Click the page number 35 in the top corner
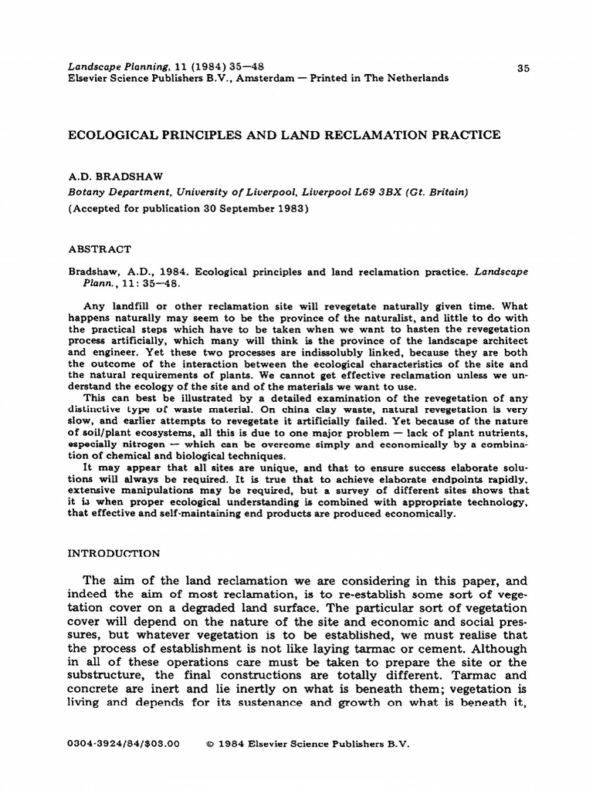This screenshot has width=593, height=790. tap(523, 68)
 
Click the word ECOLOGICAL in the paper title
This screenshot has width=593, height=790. tap(113, 135)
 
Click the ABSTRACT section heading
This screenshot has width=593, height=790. tap(100, 249)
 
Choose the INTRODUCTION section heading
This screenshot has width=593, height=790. tap(114, 553)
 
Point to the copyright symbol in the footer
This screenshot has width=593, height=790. tap(211, 744)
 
